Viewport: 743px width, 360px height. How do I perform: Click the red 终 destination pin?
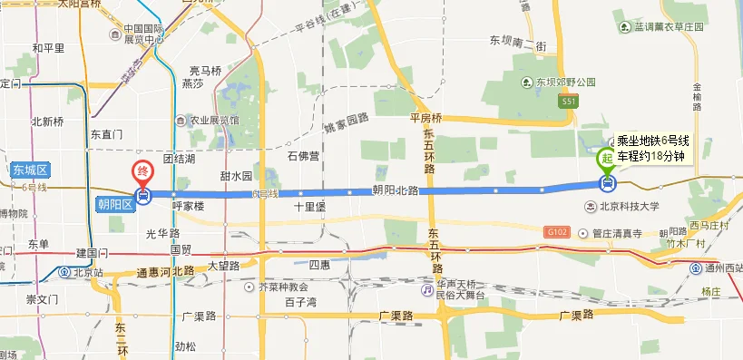(142, 170)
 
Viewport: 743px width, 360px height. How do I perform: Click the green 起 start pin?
(606, 159)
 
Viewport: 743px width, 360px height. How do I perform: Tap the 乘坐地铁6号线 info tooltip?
(653, 147)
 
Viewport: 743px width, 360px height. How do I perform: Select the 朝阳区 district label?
(115, 204)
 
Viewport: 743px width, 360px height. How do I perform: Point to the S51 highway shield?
(568, 102)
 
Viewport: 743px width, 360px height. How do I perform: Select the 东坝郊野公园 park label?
(563, 82)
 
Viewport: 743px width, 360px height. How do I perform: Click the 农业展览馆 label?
(212, 119)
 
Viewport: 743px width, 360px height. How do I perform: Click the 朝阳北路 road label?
(395, 190)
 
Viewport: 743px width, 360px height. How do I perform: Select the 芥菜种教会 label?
(284, 286)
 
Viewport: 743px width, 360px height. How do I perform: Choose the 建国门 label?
(93, 251)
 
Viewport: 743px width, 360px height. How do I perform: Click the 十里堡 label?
(309, 206)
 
